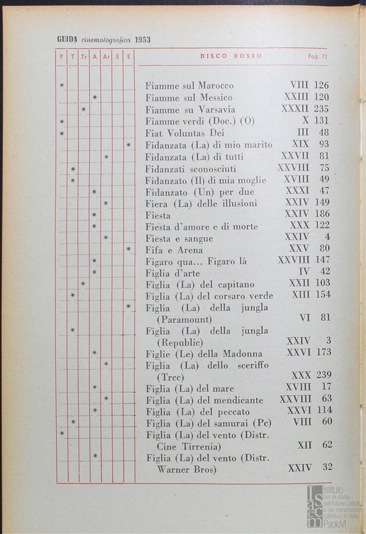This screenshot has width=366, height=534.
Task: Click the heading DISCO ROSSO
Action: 231,56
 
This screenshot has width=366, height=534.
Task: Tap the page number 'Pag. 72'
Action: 318,56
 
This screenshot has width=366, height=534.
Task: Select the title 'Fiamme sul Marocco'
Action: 189,86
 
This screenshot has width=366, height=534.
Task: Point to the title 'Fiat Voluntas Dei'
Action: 185,133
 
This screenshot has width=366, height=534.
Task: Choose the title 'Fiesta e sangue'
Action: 179,238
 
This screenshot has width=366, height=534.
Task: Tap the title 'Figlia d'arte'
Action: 172,273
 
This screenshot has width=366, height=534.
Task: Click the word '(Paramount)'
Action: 184,319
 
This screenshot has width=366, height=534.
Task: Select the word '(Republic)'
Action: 180,342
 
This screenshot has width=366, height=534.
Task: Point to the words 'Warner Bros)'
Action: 187,469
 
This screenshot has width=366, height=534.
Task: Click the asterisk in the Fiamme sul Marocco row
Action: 62,86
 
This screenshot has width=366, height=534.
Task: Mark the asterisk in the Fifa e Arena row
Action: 129,249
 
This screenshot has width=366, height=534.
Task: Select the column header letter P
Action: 61,57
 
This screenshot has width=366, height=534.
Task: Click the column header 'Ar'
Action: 106,57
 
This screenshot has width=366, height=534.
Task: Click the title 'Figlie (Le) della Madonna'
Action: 204,354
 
